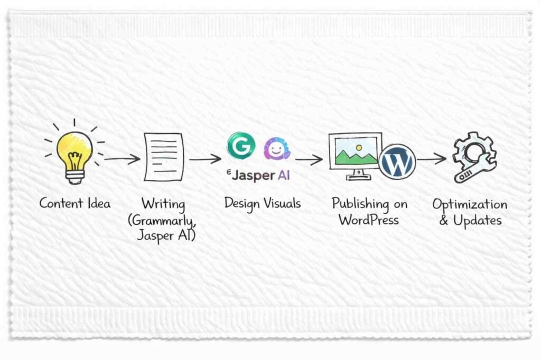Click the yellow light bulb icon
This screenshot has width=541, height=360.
click(74, 153)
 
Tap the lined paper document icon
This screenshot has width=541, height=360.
click(164, 157)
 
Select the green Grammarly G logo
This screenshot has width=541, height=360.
click(241, 146)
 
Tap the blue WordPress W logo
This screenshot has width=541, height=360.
click(397, 161)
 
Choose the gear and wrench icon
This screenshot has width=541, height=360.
click(474, 157)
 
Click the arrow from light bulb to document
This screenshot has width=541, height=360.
click(122, 158)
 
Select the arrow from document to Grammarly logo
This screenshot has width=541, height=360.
click(205, 158)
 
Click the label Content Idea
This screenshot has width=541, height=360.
click(75, 203)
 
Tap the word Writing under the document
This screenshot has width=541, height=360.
click(163, 203)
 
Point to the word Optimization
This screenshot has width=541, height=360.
click(470, 205)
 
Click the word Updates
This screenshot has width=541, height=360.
click(477, 220)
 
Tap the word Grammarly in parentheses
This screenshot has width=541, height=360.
click(163, 219)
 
